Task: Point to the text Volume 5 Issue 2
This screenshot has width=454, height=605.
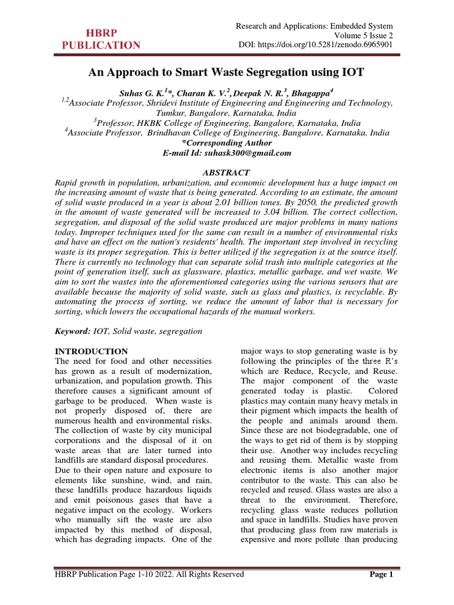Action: click(362, 35)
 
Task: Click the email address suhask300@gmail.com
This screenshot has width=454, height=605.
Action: click(244, 153)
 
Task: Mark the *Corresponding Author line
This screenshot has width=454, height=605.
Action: click(226, 143)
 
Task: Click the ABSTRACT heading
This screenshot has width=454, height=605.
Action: click(226, 173)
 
